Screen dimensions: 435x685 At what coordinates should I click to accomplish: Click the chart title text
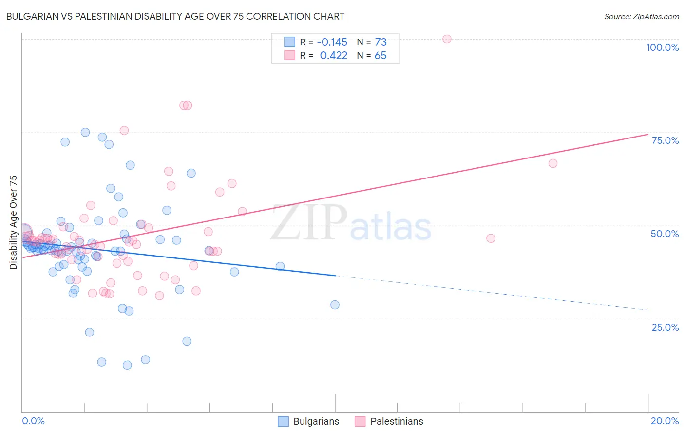tap(175, 16)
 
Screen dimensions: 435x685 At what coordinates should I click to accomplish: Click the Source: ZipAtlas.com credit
tap(641, 16)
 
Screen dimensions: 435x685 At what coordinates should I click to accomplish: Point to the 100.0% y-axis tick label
tap(662, 47)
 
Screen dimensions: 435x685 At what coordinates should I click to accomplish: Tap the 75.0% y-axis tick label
tap(665, 140)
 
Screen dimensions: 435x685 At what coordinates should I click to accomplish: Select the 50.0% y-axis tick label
tap(665, 234)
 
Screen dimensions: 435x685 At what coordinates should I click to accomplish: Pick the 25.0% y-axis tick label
tap(665, 327)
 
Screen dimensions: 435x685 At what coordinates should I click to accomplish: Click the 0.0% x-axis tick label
tap(33, 421)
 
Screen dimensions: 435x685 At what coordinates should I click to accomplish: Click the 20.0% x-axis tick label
tap(665, 421)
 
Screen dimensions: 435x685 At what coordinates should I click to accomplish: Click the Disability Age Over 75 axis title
tap(13, 222)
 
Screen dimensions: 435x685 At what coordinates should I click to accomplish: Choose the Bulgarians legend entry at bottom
tap(308, 421)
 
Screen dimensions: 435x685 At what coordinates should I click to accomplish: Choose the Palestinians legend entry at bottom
tap(388, 421)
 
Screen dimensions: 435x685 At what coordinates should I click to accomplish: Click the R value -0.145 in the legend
tap(332, 42)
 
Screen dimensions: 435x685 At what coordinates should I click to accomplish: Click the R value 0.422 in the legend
tap(333, 56)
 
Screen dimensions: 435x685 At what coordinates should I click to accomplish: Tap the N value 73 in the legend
tap(381, 42)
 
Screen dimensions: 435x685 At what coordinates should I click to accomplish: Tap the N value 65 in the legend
tap(381, 56)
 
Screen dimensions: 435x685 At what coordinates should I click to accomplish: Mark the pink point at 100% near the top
tap(447, 39)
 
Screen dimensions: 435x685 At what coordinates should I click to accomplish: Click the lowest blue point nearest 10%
tap(127, 365)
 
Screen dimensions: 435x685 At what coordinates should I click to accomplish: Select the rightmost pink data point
tap(552, 163)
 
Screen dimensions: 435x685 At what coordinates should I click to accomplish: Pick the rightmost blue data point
tap(335, 305)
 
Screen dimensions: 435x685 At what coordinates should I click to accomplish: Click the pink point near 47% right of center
tap(491, 238)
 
